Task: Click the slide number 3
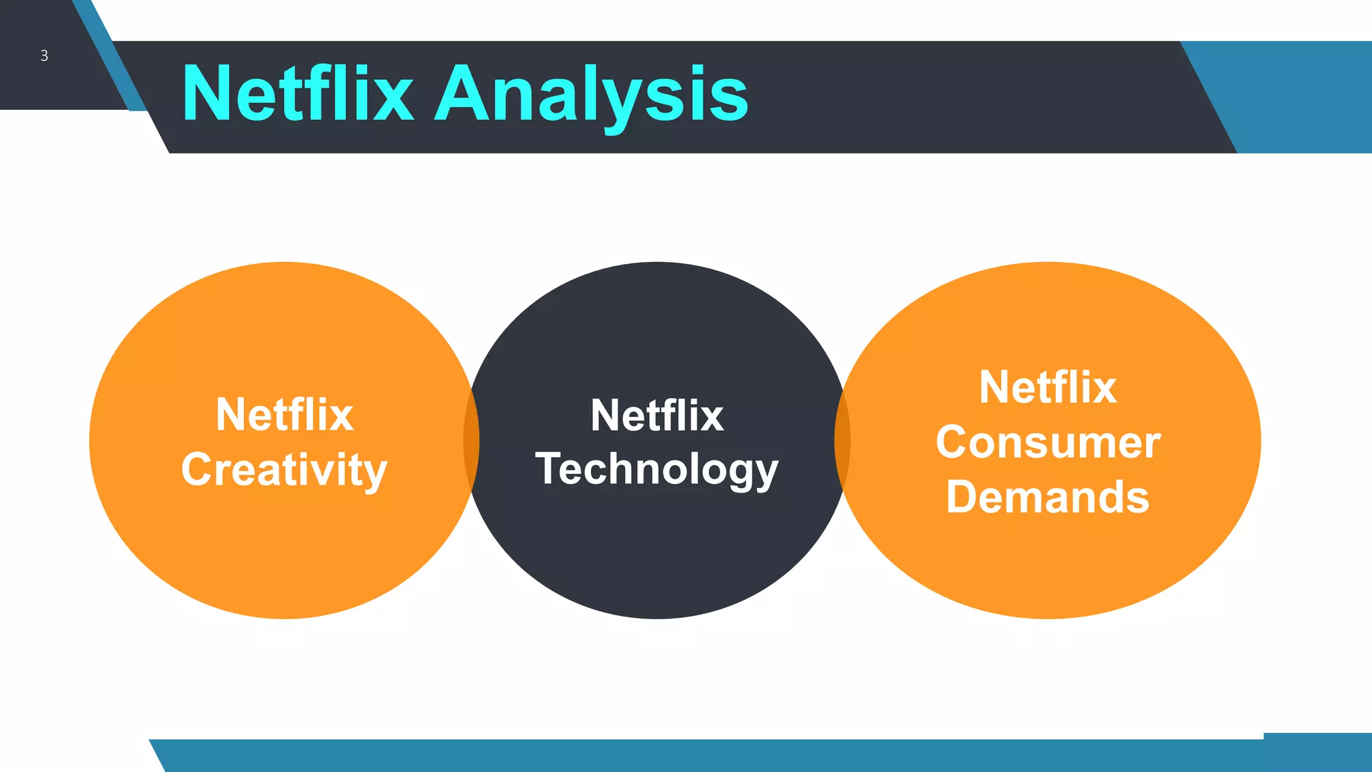44,56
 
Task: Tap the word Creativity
284,470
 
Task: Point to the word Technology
657,469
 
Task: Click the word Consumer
1048,442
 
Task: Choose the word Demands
1048,497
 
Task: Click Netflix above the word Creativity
284,415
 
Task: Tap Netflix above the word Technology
657,415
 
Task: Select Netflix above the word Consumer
1048,387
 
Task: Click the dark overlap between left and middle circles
472,440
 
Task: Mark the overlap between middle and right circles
842,440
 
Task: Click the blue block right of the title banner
1306,97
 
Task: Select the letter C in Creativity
196,469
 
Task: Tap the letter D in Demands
962,497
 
